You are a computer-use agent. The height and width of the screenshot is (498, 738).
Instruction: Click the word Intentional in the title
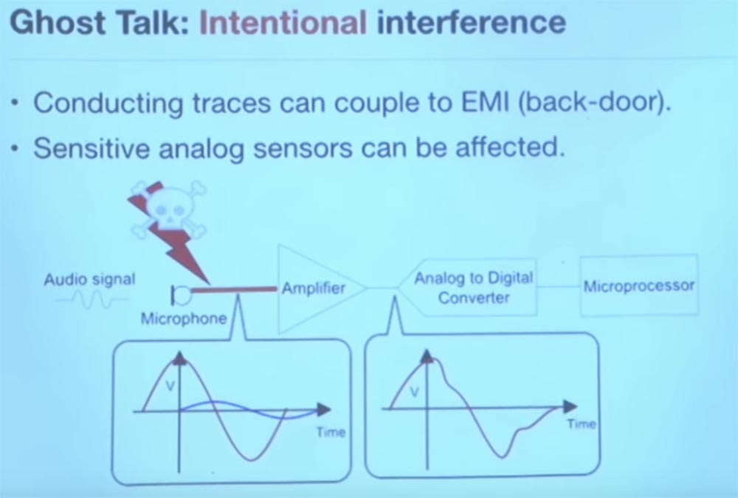click(283, 23)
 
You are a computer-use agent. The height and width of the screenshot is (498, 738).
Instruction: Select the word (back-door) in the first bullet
click(594, 103)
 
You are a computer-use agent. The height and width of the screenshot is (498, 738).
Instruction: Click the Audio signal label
click(89, 279)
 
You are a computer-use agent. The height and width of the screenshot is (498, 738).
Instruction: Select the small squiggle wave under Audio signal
click(92, 299)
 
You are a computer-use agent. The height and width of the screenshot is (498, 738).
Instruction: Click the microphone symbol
click(180, 296)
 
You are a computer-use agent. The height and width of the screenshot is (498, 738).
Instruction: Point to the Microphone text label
click(184, 318)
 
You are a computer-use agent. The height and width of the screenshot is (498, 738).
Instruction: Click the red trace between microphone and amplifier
click(234, 290)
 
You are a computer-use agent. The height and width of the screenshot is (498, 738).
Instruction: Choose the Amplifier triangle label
click(314, 288)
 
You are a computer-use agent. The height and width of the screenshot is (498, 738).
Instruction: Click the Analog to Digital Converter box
click(468, 287)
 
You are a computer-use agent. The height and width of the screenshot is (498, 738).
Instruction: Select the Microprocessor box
click(638, 285)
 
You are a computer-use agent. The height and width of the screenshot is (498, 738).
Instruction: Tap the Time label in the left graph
click(331, 432)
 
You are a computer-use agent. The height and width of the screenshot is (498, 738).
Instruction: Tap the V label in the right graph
click(414, 392)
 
